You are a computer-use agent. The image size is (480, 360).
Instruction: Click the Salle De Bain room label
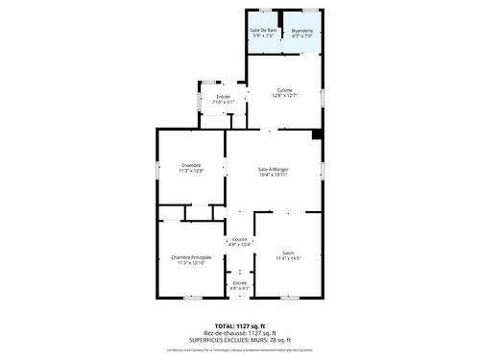(263, 31)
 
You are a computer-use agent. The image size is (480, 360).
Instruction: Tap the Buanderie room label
(302, 31)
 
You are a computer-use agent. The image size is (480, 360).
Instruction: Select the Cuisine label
(284, 90)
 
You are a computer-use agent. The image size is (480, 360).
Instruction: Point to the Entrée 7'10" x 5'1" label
(223, 97)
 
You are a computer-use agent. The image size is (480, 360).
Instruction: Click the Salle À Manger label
(273, 170)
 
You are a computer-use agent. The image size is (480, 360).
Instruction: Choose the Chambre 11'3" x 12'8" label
(191, 165)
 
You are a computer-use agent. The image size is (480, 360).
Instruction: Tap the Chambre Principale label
(191, 257)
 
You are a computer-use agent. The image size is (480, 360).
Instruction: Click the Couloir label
(239, 239)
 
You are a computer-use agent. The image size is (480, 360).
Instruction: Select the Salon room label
(288, 252)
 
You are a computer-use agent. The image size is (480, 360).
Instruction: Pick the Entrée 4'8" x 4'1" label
(239, 283)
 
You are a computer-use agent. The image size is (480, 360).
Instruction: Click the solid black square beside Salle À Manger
(317, 133)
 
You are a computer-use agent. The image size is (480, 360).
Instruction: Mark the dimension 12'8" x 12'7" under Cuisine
(284, 96)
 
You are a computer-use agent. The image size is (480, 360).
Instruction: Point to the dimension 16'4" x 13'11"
(273, 176)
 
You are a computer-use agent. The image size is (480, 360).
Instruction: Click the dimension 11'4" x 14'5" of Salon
(288, 258)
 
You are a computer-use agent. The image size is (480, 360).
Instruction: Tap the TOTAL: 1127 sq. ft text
(240, 326)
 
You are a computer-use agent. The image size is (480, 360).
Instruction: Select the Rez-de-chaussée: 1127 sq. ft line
(240, 333)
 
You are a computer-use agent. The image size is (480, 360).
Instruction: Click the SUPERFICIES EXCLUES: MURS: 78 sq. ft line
(240, 340)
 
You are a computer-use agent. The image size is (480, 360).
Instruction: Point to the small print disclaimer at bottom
(240, 350)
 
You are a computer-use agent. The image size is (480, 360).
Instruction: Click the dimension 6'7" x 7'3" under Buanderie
(302, 36)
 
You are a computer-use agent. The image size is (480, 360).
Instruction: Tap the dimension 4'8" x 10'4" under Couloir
(239, 245)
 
